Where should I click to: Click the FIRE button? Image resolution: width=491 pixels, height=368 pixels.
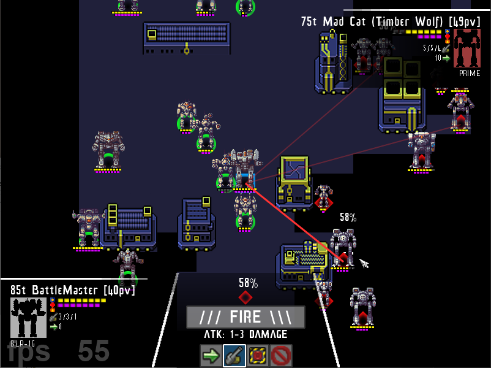245,317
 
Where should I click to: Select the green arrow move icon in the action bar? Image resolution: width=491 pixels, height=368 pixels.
210,355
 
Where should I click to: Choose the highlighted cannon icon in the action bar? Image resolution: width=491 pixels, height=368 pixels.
234,355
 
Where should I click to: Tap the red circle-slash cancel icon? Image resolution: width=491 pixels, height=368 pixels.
281,355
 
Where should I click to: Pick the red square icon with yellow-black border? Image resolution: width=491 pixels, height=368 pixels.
258,355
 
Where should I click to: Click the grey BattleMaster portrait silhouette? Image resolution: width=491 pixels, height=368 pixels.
28,316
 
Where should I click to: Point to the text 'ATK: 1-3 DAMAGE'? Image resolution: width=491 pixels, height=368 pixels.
245,335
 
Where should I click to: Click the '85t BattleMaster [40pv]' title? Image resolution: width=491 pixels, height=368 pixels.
72,289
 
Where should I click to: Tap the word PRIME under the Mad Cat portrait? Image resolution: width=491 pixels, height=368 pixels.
469,73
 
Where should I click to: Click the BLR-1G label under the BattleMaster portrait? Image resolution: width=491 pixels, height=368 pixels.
22,343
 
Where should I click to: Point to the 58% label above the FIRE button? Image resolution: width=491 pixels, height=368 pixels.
248,283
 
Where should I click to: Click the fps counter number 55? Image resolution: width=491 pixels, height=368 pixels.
93,351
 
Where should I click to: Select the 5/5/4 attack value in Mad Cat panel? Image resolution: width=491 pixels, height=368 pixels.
432,48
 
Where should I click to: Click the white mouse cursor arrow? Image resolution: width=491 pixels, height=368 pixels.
364,264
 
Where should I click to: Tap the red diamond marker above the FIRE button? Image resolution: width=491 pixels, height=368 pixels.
245,297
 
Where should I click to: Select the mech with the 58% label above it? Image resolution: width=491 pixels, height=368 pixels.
343,248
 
